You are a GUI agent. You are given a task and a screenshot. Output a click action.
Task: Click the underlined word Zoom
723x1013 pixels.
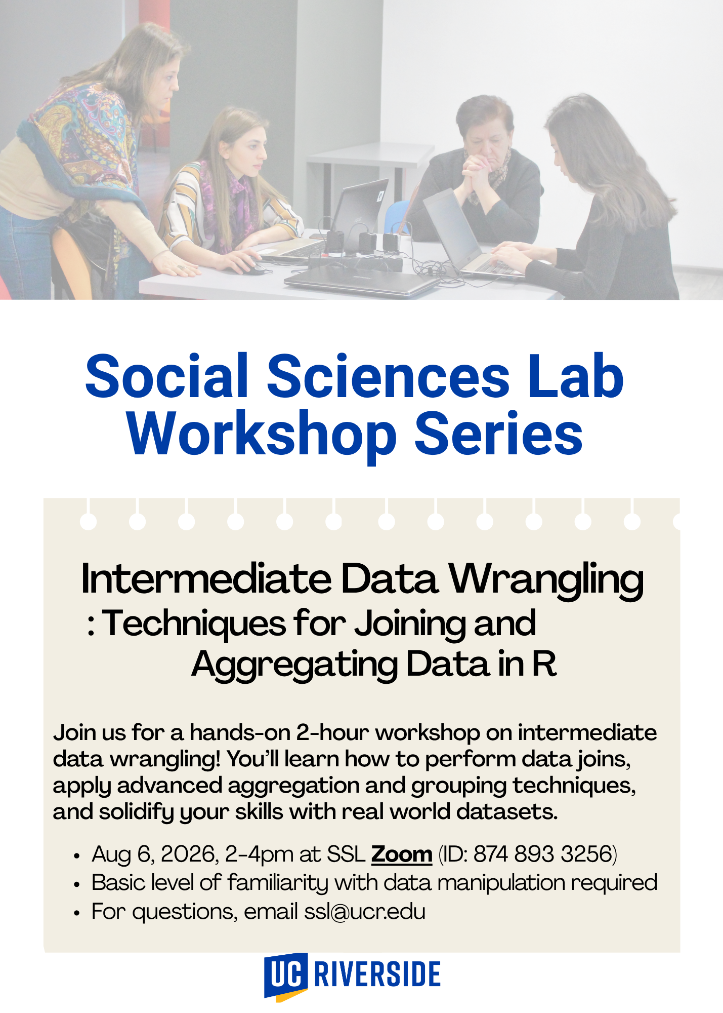pyautogui.click(x=402, y=854)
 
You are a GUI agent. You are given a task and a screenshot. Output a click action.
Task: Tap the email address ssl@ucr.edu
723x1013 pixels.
pyautogui.click(x=365, y=911)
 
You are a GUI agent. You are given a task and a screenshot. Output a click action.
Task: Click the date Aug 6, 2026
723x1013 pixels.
pyautogui.click(x=155, y=854)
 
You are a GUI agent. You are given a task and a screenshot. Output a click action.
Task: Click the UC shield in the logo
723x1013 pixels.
pyautogui.click(x=285, y=976)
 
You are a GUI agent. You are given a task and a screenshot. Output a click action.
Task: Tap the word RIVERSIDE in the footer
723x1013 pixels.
pyautogui.click(x=377, y=973)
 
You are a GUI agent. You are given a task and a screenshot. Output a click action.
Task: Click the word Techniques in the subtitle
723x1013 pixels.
pyautogui.click(x=194, y=624)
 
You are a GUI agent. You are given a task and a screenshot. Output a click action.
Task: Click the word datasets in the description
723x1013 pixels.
pyautogui.click(x=507, y=811)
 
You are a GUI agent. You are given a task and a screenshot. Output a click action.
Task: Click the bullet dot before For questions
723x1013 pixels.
pyautogui.click(x=76, y=913)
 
